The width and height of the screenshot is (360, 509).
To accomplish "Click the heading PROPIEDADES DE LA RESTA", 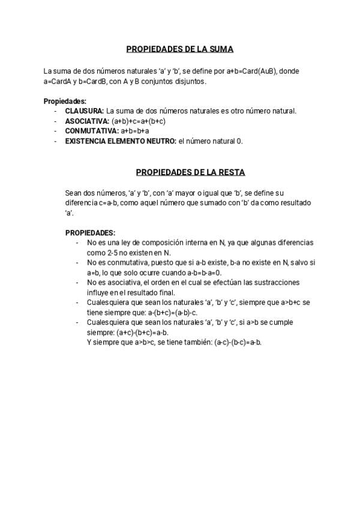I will (190, 172).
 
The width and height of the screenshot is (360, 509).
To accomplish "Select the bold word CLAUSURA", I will (84, 111).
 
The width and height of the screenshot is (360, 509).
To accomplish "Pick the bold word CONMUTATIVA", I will (91, 131).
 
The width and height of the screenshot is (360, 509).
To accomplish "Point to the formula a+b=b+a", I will (135, 131).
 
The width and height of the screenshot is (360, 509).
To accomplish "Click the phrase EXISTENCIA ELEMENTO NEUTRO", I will (121, 141).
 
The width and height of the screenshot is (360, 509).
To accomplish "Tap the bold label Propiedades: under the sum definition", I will (65, 101).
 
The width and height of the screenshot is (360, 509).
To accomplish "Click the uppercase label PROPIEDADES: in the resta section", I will (90, 232).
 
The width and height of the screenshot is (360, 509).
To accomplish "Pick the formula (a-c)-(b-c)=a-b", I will (238, 342).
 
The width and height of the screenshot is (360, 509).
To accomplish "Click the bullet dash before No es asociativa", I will (77, 283).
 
